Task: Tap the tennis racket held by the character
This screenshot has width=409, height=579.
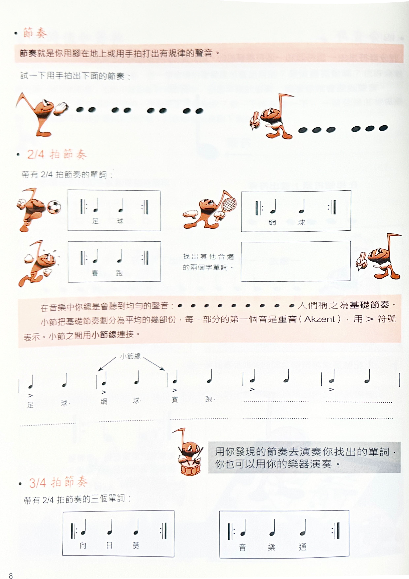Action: pos(229,204)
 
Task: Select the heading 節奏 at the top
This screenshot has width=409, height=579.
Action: pos(35,33)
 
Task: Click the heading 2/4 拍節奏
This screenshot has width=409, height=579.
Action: pos(57,154)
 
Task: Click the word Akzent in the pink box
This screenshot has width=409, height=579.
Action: pos(320,319)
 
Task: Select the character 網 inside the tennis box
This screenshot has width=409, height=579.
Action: pos(272,222)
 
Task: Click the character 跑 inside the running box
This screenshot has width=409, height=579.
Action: pos(119,273)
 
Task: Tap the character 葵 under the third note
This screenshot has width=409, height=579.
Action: pos(136,546)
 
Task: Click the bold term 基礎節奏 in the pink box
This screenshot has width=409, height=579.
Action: pos(369,305)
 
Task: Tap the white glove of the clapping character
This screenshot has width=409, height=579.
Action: pos(61,108)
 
